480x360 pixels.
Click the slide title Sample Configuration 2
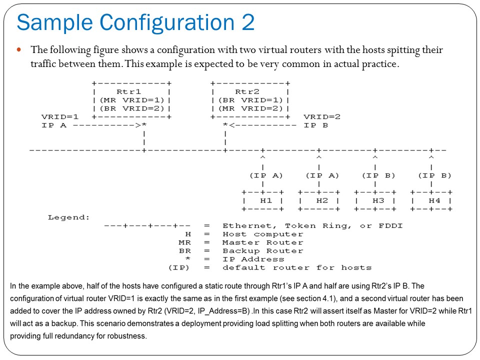[135, 22]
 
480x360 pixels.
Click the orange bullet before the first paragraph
[20, 50]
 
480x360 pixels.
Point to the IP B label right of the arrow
[315, 125]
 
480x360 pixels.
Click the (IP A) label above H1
[266, 175]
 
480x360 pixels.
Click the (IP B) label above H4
[434, 175]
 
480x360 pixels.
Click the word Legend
[68, 217]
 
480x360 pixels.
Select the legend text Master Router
[262, 242]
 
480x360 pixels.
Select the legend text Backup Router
[262, 251]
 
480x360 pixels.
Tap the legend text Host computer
[262, 234]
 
